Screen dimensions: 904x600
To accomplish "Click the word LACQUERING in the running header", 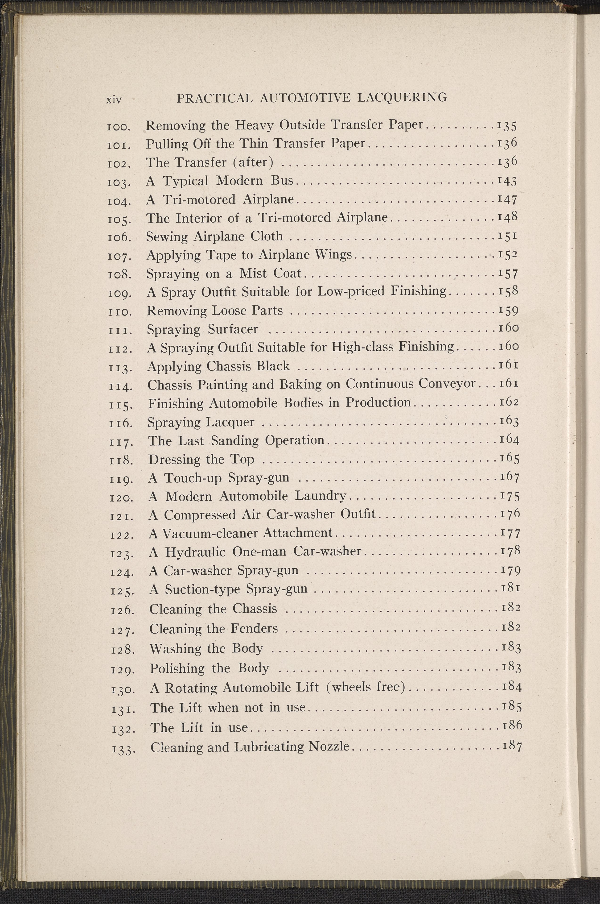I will (402, 98).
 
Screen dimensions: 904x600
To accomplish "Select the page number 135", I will (507, 126).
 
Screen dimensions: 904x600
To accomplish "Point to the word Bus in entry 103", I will (282, 180).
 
